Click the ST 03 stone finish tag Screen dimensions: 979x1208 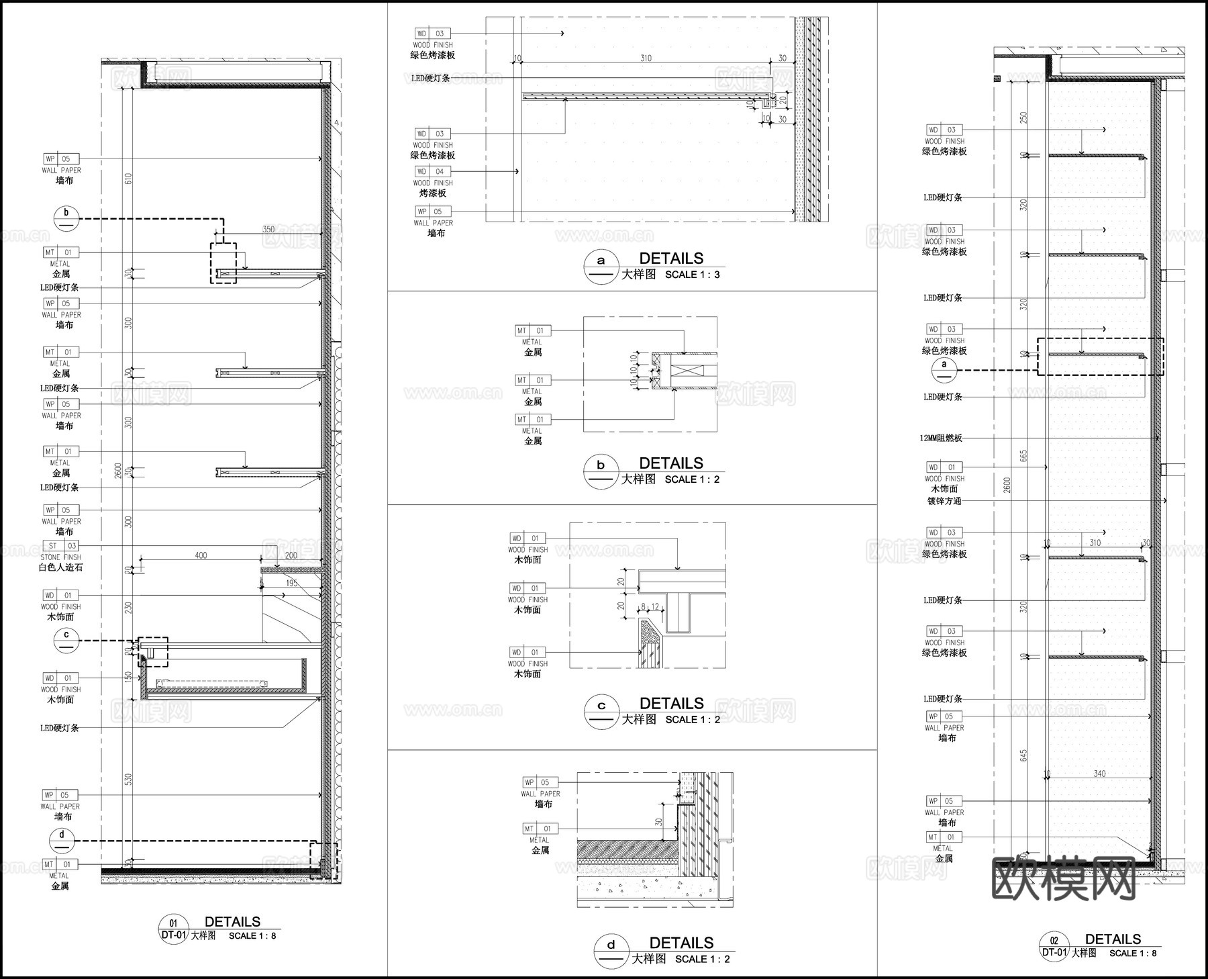coord(60,546)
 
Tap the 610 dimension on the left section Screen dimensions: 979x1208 coord(128,179)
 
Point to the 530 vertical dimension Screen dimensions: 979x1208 coord(128,779)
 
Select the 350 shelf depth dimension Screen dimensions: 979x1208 coord(268,229)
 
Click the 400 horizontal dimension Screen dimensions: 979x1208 coord(201,555)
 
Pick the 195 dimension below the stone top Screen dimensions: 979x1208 coord(291,584)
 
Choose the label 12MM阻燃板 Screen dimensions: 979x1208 coord(941,438)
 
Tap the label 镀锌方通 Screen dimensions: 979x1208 coord(944,501)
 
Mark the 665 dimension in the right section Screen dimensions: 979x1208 coord(1023,456)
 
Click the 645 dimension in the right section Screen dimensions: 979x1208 coord(1023,755)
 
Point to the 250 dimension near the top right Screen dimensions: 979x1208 coord(1023,118)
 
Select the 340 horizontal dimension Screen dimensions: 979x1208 coord(1099,774)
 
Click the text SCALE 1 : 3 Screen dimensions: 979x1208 coord(693,275)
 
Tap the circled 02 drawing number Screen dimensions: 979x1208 coord(1054,941)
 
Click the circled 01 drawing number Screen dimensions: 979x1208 coord(173,923)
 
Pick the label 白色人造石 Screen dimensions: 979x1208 coord(61,567)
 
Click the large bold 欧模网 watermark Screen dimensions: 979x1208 coord(1064,879)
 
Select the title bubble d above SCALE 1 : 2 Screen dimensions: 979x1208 coord(611,945)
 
